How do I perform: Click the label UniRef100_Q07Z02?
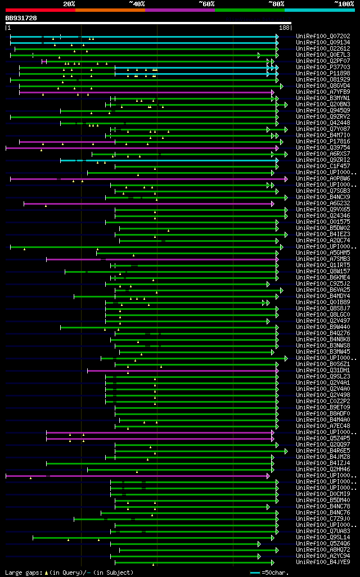(316, 37)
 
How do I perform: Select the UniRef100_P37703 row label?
(316, 67)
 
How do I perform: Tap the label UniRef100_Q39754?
(316, 148)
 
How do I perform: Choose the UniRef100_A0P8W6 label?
(316, 179)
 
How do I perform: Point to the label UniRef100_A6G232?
(316, 204)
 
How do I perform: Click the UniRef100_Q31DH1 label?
(316, 371)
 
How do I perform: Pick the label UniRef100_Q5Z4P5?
(316, 439)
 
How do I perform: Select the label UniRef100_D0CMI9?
(316, 494)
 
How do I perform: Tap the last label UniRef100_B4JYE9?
(316, 562)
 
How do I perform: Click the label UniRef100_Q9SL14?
(316, 538)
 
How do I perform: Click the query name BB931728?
(21, 18)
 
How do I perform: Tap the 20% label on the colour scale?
(69, 4)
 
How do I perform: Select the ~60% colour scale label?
(206, 4)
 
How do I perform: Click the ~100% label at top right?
(343, 4)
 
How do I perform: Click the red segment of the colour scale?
(40, 10)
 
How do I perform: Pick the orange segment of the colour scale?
(110, 10)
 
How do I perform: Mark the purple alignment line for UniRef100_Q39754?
(141, 148)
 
